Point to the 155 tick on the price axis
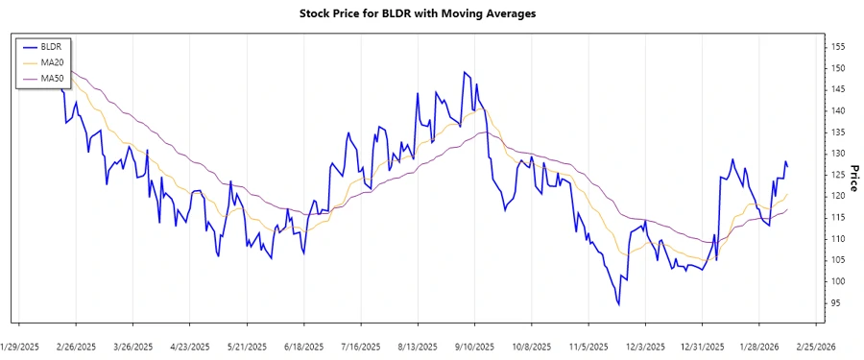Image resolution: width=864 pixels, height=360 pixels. click(837, 47)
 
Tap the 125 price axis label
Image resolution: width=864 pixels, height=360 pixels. click(837, 175)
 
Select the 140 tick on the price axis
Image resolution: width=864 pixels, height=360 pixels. click(837, 111)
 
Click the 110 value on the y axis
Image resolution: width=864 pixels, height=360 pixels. click(837, 239)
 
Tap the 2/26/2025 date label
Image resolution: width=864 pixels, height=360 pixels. click(76, 346)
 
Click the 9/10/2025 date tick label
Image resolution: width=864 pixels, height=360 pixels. click(474, 346)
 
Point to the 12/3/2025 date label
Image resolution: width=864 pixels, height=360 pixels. click(645, 346)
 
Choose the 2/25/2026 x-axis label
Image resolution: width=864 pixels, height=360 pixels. click(816, 346)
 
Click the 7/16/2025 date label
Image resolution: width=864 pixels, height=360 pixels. click(361, 346)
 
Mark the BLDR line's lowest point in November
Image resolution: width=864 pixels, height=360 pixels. click(619, 305)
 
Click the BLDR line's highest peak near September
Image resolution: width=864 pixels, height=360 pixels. click(465, 72)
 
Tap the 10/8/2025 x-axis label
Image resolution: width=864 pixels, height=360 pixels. click(531, 346)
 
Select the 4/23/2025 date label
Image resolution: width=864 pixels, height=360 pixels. click(190, 346)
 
